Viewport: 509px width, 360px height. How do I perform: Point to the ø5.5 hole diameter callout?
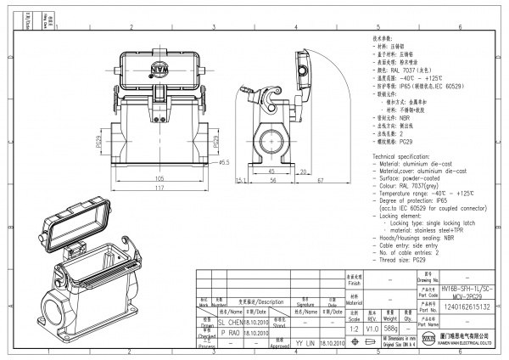pyautogui.click(x=225, y=162)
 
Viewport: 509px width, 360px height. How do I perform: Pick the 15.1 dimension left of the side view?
pyautogui.click(x=240, y=180)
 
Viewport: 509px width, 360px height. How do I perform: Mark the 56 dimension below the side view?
pyautogui.click(x=274, y=180)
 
